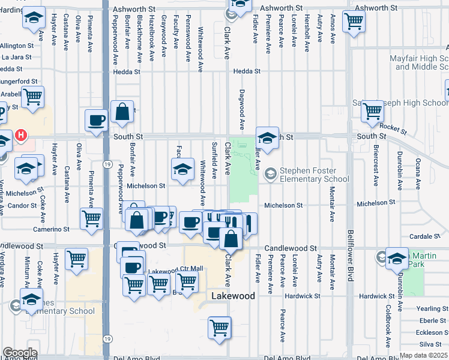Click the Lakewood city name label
tap(233, 296)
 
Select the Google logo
tap(20, 353)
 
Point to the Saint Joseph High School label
tap(408, 103)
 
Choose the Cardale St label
tap(427, 236)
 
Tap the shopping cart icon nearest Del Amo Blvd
tap(220, 328)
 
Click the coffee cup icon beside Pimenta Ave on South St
tap(96, 120)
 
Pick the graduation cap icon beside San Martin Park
tap(397, 258)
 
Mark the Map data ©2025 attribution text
tap(423, 355)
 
